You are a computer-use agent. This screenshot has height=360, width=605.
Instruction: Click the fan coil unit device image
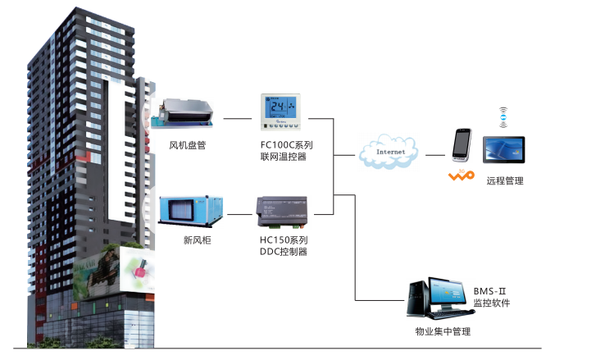coord(188,113)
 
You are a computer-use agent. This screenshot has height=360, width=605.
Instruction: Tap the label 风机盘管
coord(188,146)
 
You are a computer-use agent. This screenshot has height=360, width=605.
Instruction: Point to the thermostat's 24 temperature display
coord(280,107)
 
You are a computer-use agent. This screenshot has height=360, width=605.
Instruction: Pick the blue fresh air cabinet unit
coord(189,212)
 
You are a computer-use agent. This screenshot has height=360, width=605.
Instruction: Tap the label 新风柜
coord(197,240)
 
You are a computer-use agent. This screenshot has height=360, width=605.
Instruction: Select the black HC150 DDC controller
coord(283,212)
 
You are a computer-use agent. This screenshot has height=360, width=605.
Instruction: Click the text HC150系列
coord(283,240)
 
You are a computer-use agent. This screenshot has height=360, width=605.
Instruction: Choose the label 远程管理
coord(504,180)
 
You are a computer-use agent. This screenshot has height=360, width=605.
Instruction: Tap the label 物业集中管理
coord(443,331)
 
